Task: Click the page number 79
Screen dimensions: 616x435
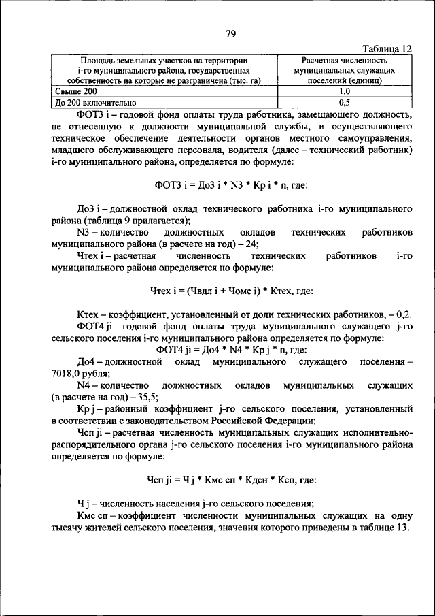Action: pos(230,34)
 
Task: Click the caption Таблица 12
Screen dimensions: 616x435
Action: pos(387,50)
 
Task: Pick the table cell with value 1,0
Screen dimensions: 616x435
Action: pos(344,91)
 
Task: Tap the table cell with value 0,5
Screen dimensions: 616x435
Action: pos(344,102)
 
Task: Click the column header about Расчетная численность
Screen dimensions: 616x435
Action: pos(344,70)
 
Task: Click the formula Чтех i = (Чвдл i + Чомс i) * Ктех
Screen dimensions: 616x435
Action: pos(231,291)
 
